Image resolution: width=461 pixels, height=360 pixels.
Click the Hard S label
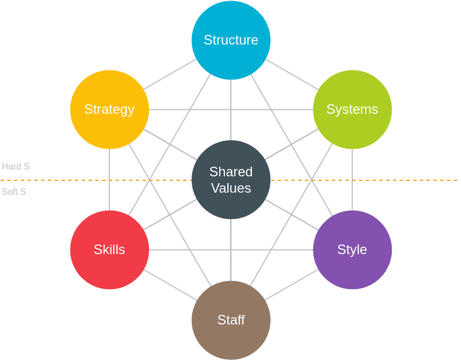click(16, 167)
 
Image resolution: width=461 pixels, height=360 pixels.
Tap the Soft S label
click(14, 192)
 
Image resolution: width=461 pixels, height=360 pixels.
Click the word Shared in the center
click(231, 172)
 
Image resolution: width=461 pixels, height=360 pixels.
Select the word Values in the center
click(231, 188)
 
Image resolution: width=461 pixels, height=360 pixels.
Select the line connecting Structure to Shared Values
click(230, 110)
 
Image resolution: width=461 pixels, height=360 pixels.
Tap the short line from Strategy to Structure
click(170, 74)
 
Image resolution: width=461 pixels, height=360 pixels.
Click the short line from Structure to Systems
click(292, 74)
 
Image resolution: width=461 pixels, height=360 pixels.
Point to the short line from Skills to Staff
click(170, 285)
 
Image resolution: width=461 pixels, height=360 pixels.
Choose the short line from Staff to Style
click(292, 285)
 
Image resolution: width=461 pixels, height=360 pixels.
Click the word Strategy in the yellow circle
click(109, 109)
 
